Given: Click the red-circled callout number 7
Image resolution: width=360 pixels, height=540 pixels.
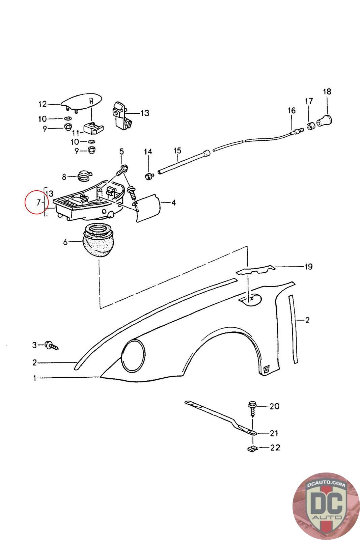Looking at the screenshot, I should tap(38, 202).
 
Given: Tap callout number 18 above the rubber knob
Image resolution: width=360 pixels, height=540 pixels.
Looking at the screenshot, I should tap(327, 91).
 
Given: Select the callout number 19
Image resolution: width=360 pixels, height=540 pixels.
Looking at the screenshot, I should tap(308, 267).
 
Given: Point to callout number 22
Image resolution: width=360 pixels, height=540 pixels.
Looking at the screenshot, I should tap(275, 448).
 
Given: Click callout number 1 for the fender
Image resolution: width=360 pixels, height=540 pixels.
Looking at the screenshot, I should tap(34, 378).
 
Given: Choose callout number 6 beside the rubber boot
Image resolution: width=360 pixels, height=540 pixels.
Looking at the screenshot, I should tap(65, 242).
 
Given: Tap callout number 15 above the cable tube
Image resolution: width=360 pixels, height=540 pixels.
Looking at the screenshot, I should tap(177, 151).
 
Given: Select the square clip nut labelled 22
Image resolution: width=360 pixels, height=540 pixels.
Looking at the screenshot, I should tap(251, 449).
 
